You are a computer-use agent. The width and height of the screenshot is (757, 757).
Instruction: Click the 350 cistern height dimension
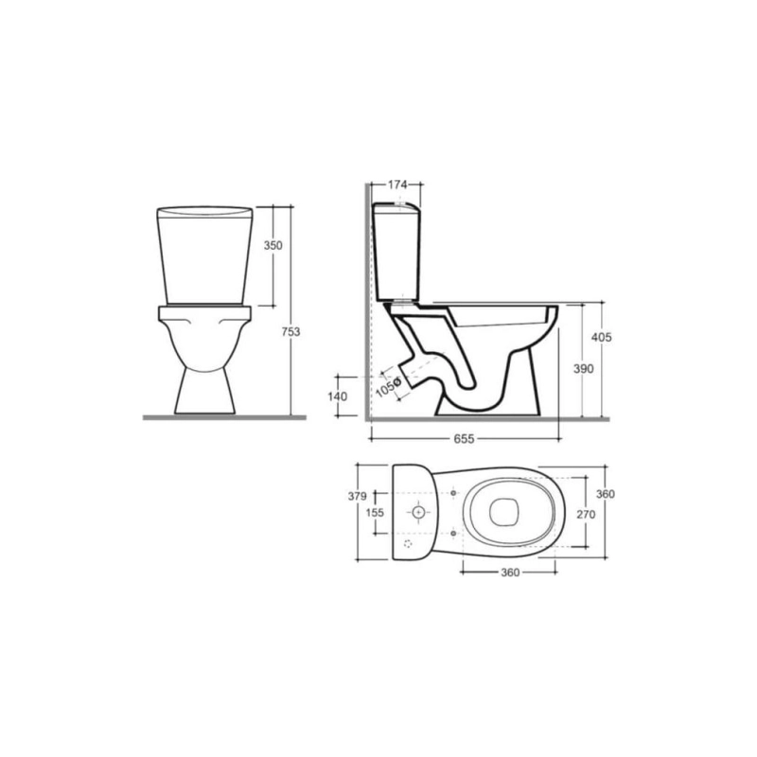(273, 245)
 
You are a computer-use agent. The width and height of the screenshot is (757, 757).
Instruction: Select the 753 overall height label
(291, 332)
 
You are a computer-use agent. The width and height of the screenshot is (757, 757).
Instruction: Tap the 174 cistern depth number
(397, 184)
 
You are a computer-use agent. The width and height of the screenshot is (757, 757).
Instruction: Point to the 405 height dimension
(602, 337)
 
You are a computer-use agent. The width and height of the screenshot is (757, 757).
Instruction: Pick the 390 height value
(583, 369)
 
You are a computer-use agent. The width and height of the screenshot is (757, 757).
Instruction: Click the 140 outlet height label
(338, 396)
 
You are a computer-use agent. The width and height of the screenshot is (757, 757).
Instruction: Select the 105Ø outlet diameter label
(388, 387)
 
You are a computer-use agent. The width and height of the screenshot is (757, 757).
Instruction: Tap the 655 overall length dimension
(464, 439)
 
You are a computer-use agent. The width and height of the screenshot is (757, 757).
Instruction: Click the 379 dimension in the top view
(358, 496)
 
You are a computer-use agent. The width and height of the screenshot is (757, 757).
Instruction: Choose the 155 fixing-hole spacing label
(375, 512)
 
